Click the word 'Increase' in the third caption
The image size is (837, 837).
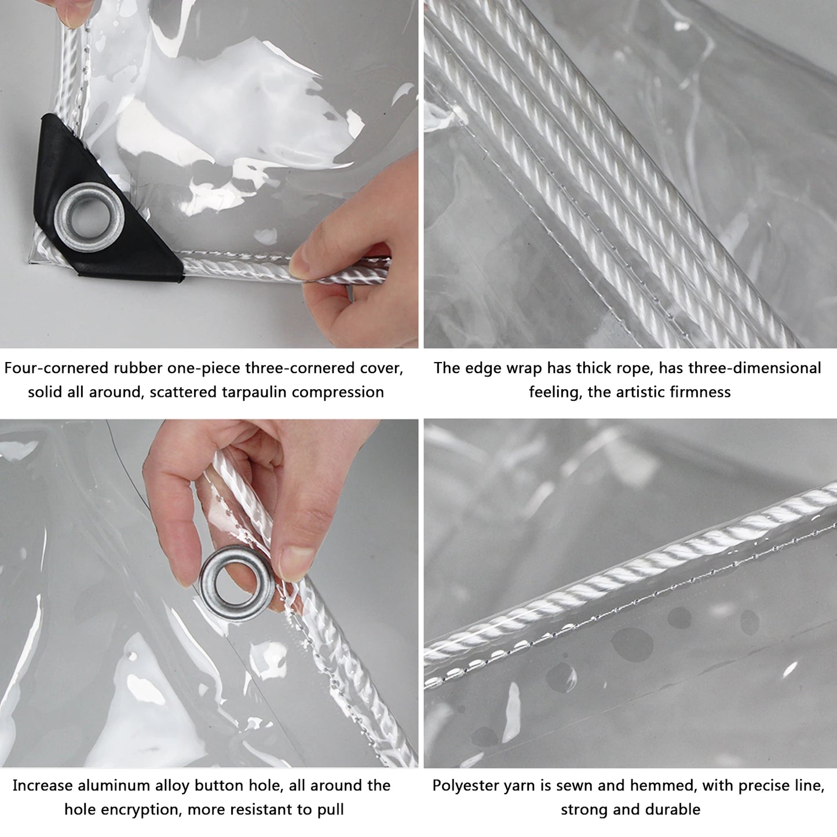click(x=43, y=786)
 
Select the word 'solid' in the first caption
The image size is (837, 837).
click(x=45, y=392)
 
